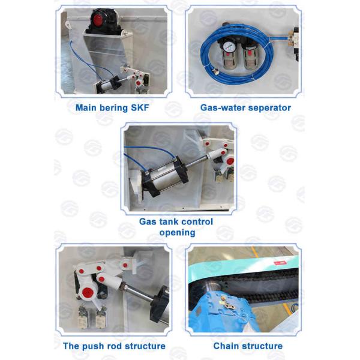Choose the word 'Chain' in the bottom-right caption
(x=227, y=346)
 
